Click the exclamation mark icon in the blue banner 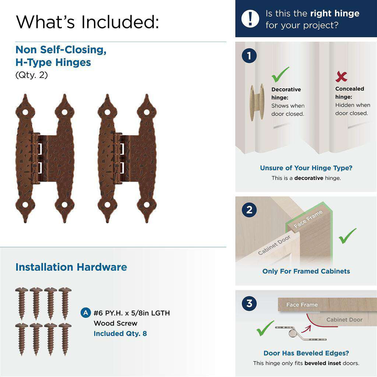tap(250, 18)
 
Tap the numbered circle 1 tap(249, 56)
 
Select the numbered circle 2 tap(249, 210)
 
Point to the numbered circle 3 tap(249, 304)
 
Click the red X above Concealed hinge tap(341, 77)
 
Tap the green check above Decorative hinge tap(280, 75)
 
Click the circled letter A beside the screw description tap(85, 313)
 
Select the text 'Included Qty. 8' tap(120, 334)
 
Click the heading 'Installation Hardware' tap(71, 267)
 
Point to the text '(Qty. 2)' tap(31, 75)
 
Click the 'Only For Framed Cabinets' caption tap(306, 271)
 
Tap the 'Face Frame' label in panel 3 tap(302, 305)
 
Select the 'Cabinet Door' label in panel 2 tap(274, 245)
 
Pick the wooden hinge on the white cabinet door tap(257, 102)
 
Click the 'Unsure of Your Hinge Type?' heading tap(306, 168)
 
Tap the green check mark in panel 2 tap(347, 236)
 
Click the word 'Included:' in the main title tap(120, 22)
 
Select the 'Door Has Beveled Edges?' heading tap(306, 353)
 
